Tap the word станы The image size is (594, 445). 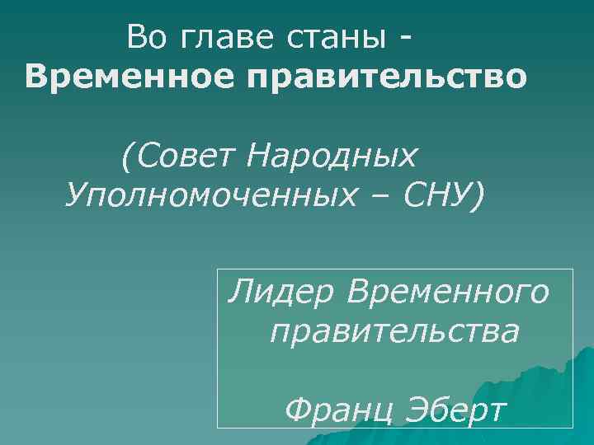point(331,37)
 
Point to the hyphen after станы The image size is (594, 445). point(405,38)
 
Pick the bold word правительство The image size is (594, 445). point(389,78)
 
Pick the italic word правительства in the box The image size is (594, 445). point(394,332)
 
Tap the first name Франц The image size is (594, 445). point(332,410)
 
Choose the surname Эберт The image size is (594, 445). point(450,409)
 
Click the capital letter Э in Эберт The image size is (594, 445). point(404,409)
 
